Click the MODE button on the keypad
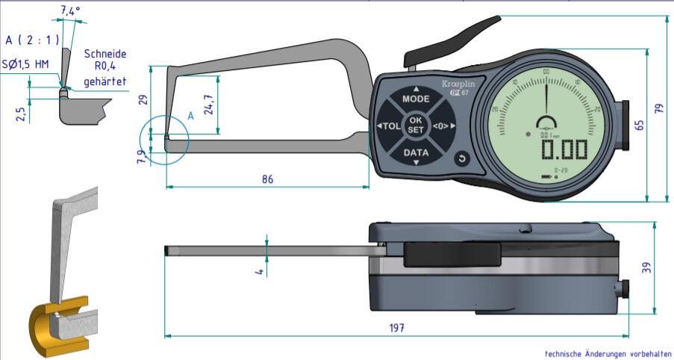[416, 99]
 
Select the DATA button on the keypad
[416, 153]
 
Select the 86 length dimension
[266, 179]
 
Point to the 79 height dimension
[660, 108]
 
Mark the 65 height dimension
[639, 125]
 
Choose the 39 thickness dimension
[646, 267]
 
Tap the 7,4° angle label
[71, 10]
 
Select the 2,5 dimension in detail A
[21, 113]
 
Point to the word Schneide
[104, 54]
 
